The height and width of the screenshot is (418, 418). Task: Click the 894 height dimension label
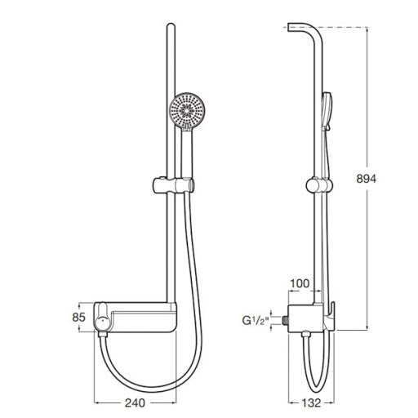366,179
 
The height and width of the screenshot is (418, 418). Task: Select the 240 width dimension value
135,402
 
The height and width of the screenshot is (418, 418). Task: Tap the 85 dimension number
79,318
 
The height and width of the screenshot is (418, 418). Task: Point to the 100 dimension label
300,283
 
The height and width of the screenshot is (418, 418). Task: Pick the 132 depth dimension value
311,402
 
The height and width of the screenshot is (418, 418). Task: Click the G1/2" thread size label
256,321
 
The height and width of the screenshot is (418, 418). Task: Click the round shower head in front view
187,111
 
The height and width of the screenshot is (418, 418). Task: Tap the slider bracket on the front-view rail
173,185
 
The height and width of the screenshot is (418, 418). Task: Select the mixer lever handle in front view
101,317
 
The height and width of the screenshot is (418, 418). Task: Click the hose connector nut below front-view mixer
102,335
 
